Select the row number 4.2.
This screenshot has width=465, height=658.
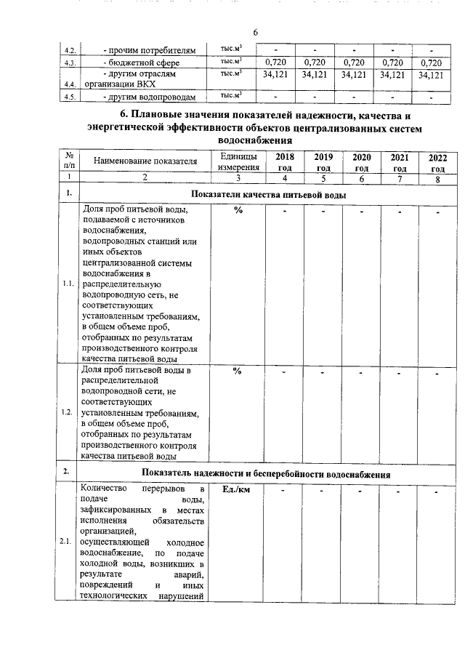click(70, 51)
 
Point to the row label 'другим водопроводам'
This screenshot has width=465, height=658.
click(149, 97)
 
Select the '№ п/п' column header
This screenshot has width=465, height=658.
click(68, 161)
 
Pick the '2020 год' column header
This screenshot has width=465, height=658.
click(361, 161)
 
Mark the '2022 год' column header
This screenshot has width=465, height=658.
click(438, 161)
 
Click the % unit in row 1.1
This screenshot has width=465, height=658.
click(238, 211)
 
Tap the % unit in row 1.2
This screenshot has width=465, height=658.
click(238, 371)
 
